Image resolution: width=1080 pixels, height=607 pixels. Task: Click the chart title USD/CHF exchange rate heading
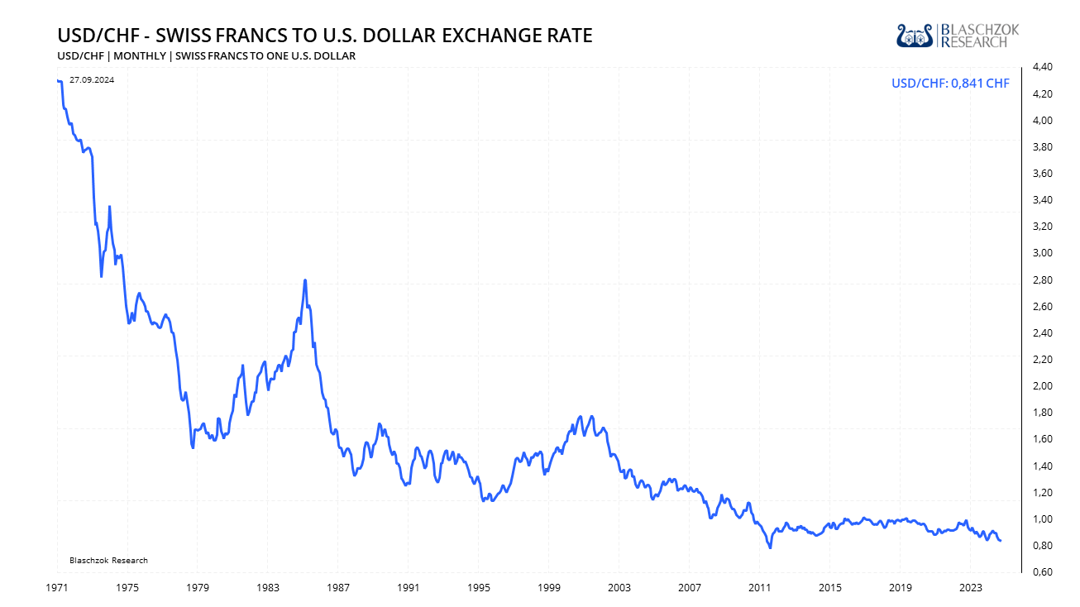[325, 36]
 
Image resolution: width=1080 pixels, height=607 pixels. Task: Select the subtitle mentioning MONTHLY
[206, 56]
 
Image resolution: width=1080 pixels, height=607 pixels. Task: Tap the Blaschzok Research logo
[958, 36]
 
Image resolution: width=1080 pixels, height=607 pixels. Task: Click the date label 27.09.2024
[92, 80]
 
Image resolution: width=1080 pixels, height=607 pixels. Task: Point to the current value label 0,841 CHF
[950, 83]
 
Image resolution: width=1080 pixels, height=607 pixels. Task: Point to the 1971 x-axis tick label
[57, 587]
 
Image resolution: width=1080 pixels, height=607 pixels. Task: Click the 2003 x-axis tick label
[619, 587]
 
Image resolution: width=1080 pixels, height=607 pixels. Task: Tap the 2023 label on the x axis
[971, 587]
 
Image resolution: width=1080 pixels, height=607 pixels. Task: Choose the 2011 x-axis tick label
[760, 587]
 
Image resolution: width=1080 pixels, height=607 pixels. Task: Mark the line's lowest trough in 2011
[770, 547]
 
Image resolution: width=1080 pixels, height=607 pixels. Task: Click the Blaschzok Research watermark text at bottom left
[108, 561]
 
